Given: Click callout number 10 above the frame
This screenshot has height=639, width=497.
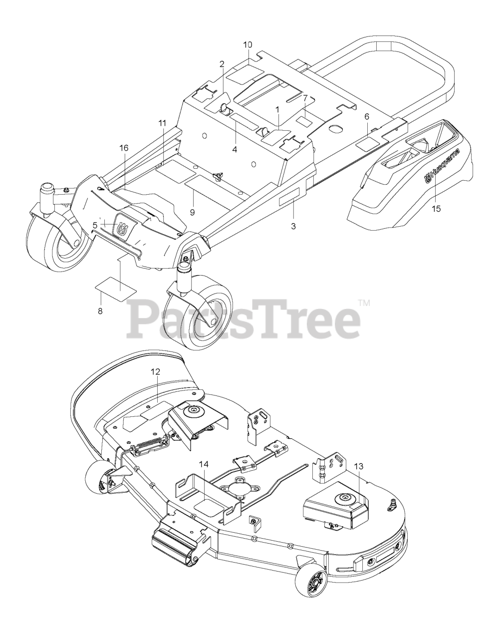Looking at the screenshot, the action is click(x=248, y=45).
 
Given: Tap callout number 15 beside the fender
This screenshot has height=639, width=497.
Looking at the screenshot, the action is click(x=436, y=209).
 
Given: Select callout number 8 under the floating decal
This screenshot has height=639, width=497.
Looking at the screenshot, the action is click(x=100, y=311).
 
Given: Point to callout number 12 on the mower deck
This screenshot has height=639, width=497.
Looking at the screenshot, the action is click(x=155, y=372).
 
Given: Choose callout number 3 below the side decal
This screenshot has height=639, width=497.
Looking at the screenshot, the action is click(x=293, y=227).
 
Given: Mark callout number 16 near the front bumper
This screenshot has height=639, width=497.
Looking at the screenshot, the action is click(x=124, y=148).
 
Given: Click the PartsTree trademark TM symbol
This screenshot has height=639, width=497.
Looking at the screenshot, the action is click(x=364, y=303).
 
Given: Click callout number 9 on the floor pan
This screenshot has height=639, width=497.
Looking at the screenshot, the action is click(x=192, y=212).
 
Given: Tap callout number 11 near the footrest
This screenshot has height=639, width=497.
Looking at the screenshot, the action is click(x=162, y=123).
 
